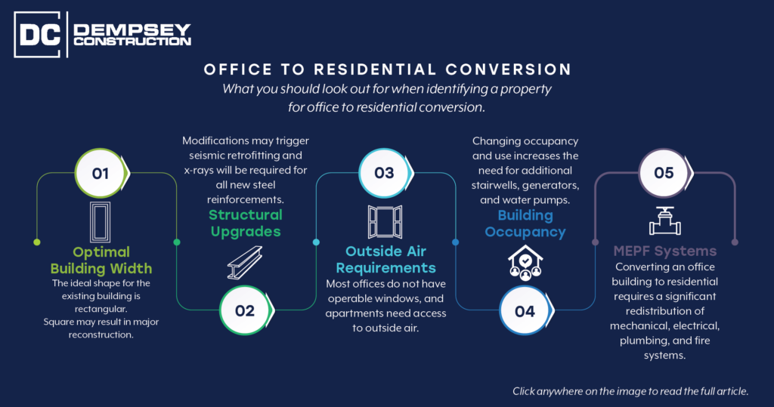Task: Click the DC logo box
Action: tap(38, 35)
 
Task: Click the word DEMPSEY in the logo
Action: tap(132, 29)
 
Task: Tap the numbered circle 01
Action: tap(101, 173)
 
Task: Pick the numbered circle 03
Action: tap(385, 173)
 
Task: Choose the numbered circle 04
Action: tap(525, 311)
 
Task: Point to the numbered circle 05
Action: tap(664, 173)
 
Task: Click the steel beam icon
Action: tap(245, 263)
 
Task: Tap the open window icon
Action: tap(385, 222)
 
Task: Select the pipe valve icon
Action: tap(665, 221)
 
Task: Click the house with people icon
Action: tap(525, 263)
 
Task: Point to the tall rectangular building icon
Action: tap(101, 221)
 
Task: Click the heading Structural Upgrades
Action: tap(246, 223)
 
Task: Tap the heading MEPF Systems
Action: tap(665, 251)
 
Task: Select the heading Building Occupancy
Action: tap(525, 224)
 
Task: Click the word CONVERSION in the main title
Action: tap(509, 69)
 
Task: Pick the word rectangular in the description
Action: tap(101, 310)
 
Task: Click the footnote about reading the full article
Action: tap(630, 391)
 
